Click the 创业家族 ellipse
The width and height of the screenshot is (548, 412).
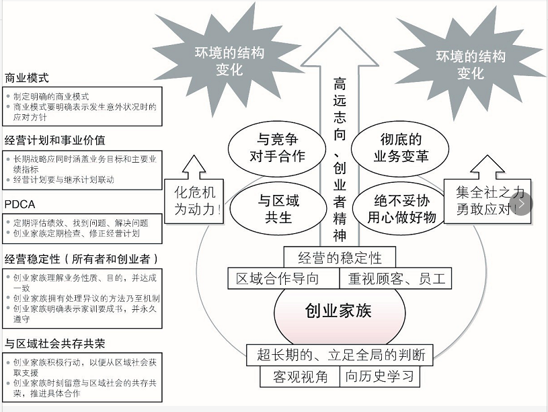(338, 311)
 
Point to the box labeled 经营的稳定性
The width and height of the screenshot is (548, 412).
(340, 257)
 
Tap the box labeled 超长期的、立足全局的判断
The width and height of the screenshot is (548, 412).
(340, 354)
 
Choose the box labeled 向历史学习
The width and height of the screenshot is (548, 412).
(380, 376)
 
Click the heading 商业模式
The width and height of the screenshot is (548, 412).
(27, 77)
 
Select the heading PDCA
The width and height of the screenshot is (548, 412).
(19, 204)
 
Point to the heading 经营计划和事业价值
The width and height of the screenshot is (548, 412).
(55, 140)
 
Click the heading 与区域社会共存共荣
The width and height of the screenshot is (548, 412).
(55, 343)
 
